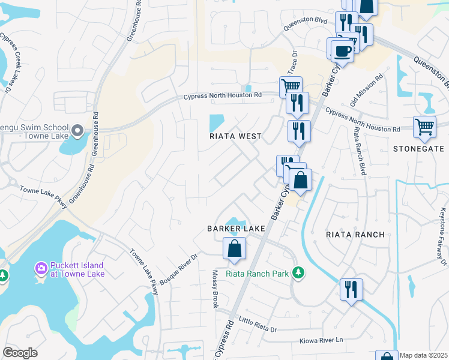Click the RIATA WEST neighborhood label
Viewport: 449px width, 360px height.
(x=235, y=136)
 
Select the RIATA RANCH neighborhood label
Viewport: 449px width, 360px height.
(x=354, y=235)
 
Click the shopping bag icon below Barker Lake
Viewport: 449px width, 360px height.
(x=234, y=248)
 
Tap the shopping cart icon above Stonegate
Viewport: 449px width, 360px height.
(x=424, y=127)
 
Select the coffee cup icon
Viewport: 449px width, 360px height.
(x=342, y=50)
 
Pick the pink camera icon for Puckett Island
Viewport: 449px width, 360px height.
(x=41, y=267)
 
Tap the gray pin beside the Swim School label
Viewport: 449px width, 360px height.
(x=77, y=130)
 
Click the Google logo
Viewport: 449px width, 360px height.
(x=20, y=353)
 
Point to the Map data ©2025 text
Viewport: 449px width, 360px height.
(x=424, y=355)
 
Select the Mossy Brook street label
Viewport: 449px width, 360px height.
(x=214, y=289)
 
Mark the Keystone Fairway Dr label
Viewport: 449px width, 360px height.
(x=444, y=236)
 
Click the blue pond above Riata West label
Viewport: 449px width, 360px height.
(x=215, y=123)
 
